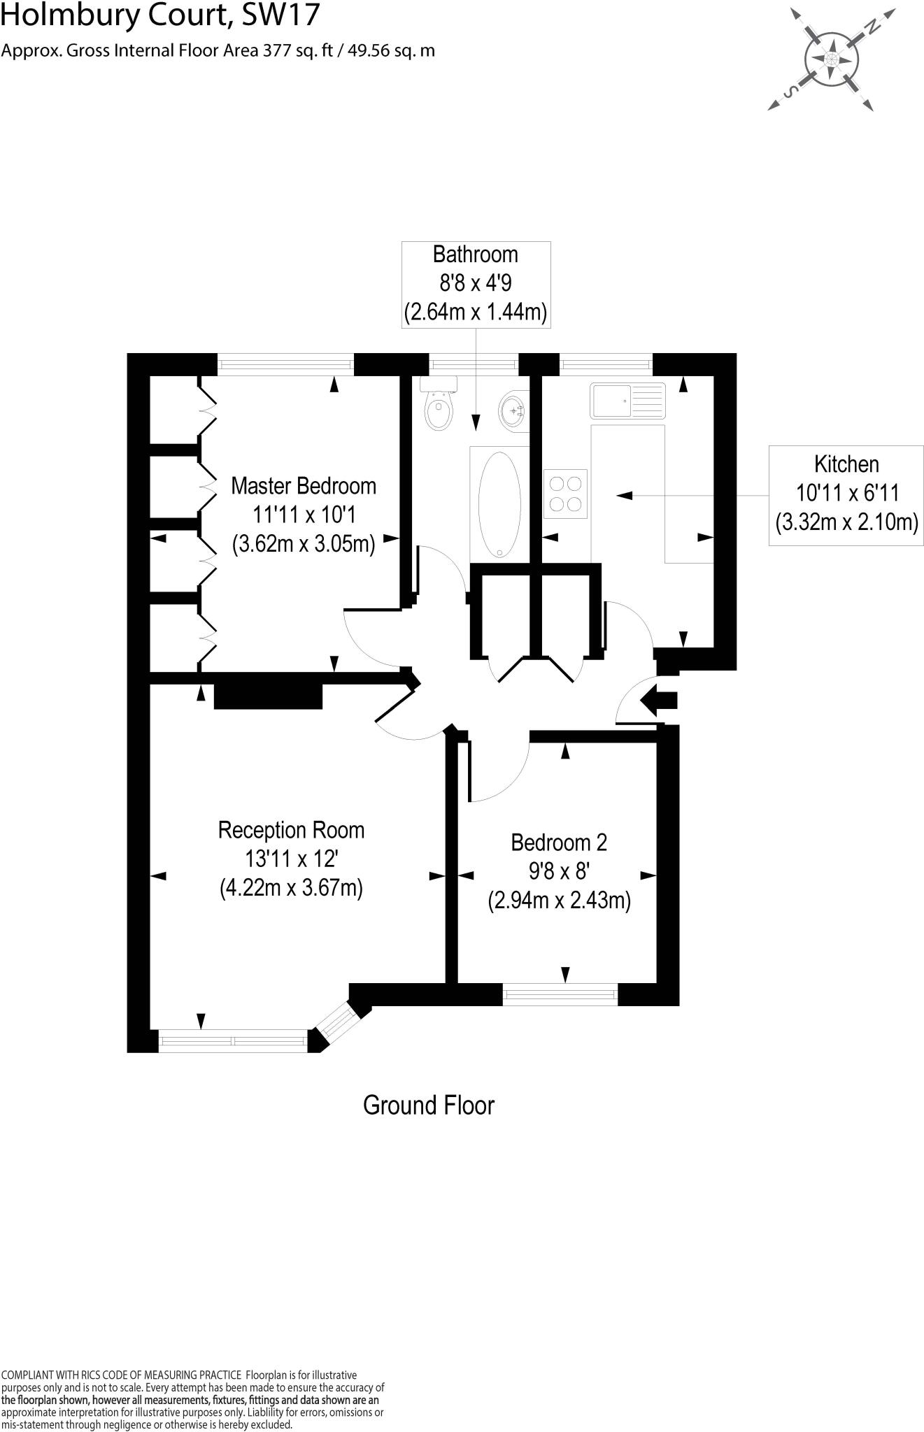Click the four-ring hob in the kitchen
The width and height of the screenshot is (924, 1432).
click(565, 494)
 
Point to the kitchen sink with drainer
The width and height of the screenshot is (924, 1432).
click(627, 400)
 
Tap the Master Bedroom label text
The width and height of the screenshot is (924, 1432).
click(304, 486)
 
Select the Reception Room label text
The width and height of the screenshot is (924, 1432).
click(291, 831)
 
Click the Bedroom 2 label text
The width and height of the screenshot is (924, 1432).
click(559, 843)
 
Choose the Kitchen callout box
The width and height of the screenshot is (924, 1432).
click(846, 494)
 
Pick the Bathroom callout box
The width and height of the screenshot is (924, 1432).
click(476, 283)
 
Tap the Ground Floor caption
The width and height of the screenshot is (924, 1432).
click(429, 1105)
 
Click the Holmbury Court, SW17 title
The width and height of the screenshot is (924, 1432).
click(160, 15)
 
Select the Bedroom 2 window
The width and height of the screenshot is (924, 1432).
click(560, 994)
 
